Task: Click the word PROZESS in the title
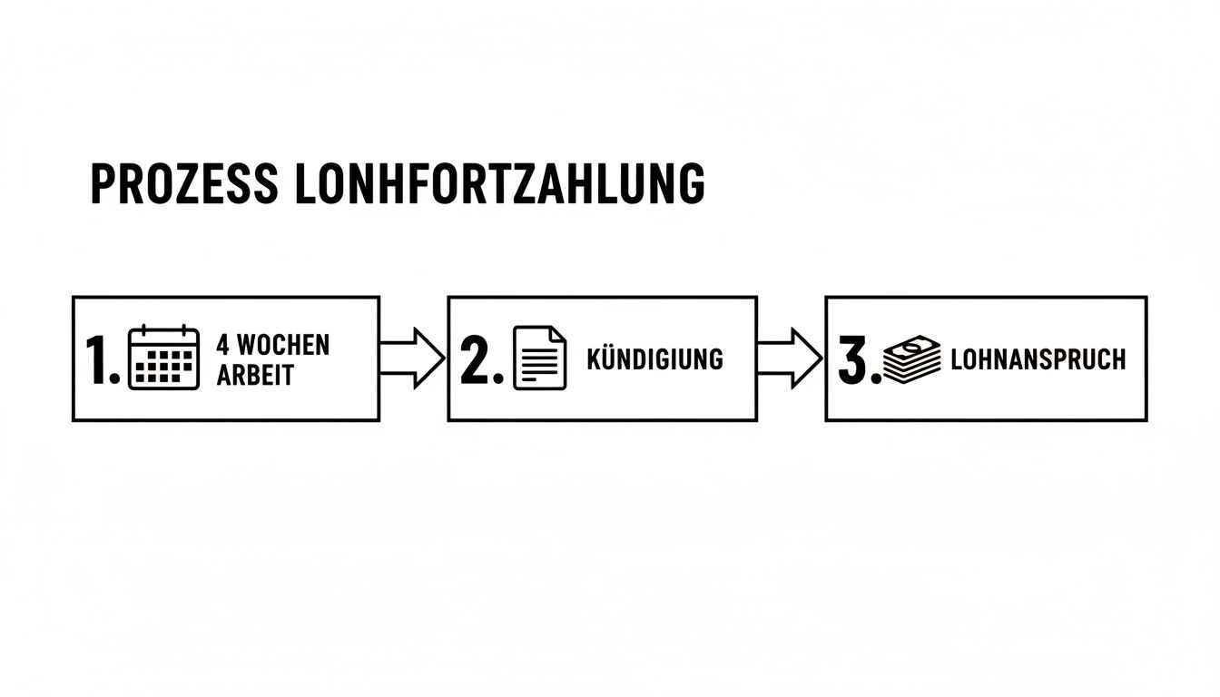184,184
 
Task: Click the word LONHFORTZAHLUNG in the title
500,184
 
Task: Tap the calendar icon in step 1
163,358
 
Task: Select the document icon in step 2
539,358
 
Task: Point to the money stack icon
912,359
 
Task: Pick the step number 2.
477,359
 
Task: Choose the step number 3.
853,359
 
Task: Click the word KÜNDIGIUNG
654,358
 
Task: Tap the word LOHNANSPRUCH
1038,359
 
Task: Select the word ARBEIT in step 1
255,375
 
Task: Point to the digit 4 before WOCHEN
222,345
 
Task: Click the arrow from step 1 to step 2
411,358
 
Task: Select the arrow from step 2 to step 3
789,358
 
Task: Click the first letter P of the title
101,184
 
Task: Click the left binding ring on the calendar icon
145,330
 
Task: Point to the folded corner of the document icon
556,335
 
